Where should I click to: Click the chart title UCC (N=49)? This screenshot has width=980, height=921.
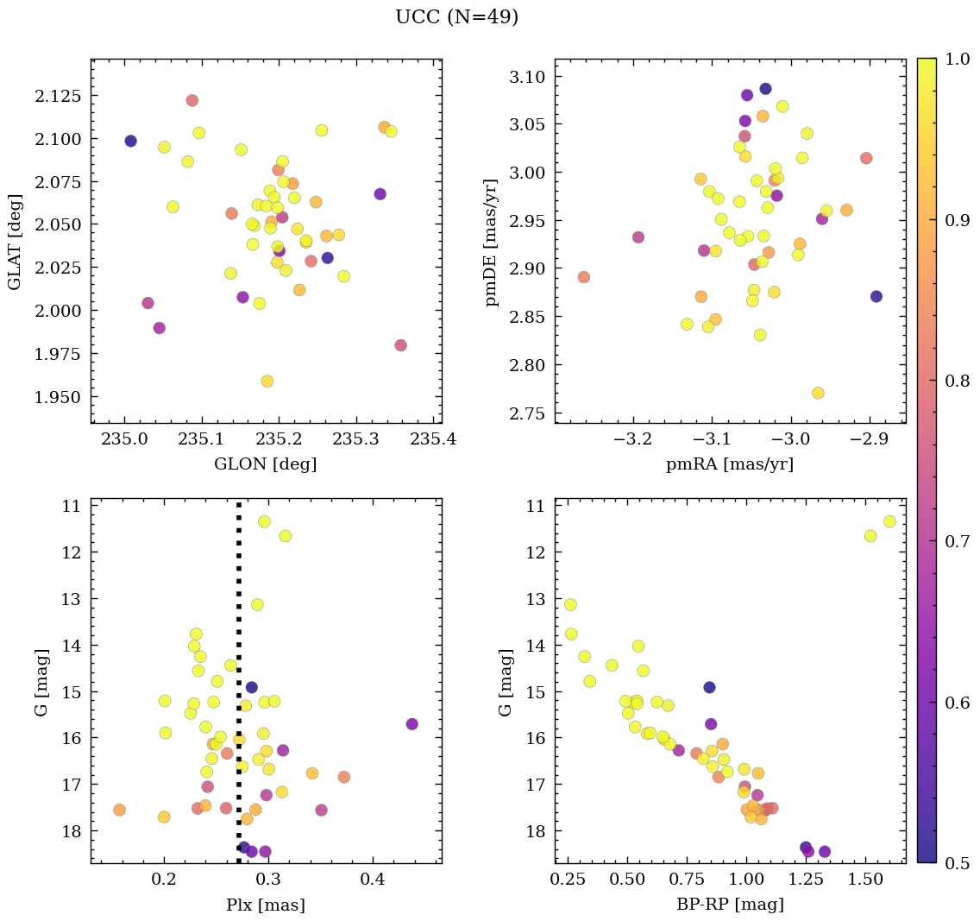(456, 17)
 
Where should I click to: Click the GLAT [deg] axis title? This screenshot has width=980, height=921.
(15, 241)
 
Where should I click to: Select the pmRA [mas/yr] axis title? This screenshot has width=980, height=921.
(730, 464)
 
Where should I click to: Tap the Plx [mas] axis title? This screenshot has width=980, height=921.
(266, 905)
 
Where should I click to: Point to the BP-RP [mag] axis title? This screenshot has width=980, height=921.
(730, 905)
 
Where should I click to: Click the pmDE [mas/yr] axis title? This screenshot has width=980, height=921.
(493, 241)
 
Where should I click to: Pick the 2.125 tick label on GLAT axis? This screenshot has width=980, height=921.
(58, 95)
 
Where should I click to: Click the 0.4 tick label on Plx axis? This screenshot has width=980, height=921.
(373, 880)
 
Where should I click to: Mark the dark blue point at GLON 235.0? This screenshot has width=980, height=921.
(130, 141)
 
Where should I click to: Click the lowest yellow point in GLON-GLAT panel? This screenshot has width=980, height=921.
(267, 381)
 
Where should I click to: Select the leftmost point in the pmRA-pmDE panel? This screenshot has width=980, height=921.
(584, 277)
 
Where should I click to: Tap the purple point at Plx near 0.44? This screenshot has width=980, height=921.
(412, 723)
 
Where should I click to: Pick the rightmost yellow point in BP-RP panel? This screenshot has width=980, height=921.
(889, 521)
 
